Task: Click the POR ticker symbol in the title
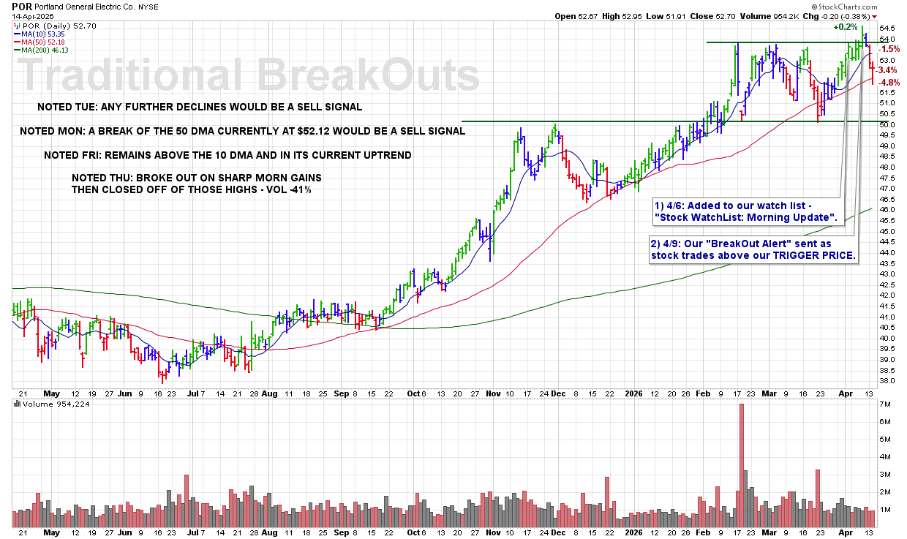click(21, 7)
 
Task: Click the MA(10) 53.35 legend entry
click(42, 34)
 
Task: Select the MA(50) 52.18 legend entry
click(42, 42)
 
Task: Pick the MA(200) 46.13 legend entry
click(45, 50)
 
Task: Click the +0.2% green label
click(844, 27)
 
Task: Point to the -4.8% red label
click(887, 82)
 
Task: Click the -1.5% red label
click(887, 48)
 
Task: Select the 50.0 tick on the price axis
click(887, 124)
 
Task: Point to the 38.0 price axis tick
click(887, 381)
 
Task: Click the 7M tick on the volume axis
click(885, 404)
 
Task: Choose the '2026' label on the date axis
click(635, 392)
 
